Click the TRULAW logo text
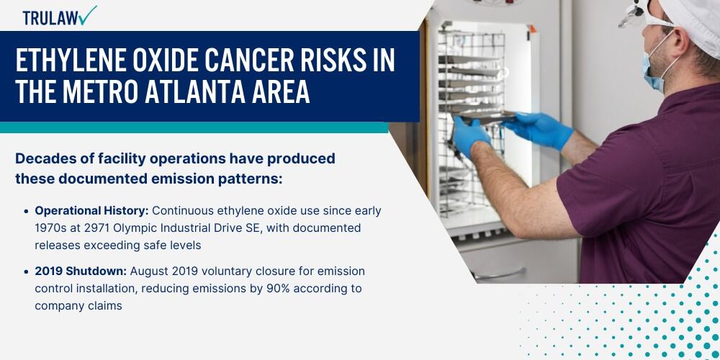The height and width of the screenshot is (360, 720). (50, 19)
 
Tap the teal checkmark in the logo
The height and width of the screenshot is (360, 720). (87, 15)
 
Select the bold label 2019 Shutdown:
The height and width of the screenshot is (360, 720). (81, 271)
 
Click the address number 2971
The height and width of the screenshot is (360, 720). (94, 228)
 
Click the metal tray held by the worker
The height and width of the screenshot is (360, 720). (488, 117)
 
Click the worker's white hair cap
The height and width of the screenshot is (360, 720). (692, 20)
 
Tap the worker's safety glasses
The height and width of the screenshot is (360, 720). (638, 14)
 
